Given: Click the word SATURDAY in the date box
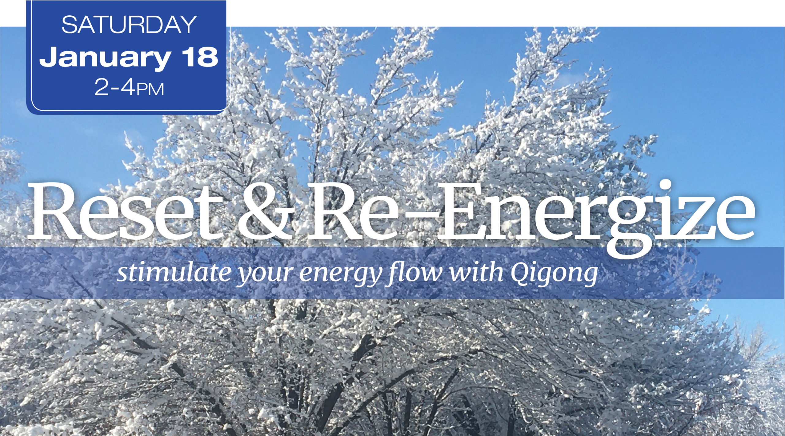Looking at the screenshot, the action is pyautogui.click(x=129, y=25).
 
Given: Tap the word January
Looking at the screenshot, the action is pyautogui.click(x=105, y=58).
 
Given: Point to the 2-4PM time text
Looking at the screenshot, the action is pyautogui.click(x=129, y=87).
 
